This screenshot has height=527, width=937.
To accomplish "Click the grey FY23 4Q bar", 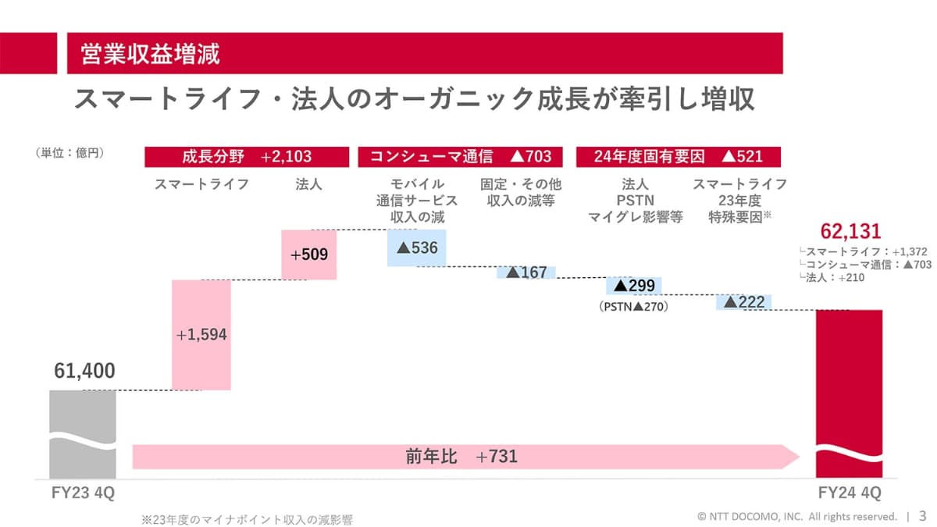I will (x=82, y=433).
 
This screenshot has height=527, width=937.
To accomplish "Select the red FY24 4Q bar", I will (x=849, y=390).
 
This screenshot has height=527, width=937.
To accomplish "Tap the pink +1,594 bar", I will (x=201, y=334).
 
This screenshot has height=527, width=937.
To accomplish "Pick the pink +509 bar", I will (x=308, y=255).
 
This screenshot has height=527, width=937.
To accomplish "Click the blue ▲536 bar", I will (x=416, y=247).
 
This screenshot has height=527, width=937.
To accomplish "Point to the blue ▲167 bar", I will (x=526, y=272).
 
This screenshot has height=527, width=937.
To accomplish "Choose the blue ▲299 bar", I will (x=634, y=286).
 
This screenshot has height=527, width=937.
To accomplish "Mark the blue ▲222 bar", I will (x=743, y=302).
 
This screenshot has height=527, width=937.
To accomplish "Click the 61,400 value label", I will (x=84, y=372).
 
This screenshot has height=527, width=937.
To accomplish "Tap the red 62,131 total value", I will (x=850, y=231).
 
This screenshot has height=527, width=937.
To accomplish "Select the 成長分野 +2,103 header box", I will (x=247, y=156).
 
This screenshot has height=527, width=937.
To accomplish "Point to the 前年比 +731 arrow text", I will (x=461, y=456).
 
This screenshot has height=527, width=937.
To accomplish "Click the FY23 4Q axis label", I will (x=82, y=493).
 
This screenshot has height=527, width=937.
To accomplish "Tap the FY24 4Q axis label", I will (x=850, y=493).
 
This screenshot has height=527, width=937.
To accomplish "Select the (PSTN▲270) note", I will (x=634, y=307).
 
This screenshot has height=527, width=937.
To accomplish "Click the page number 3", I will (x=922, y=516).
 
